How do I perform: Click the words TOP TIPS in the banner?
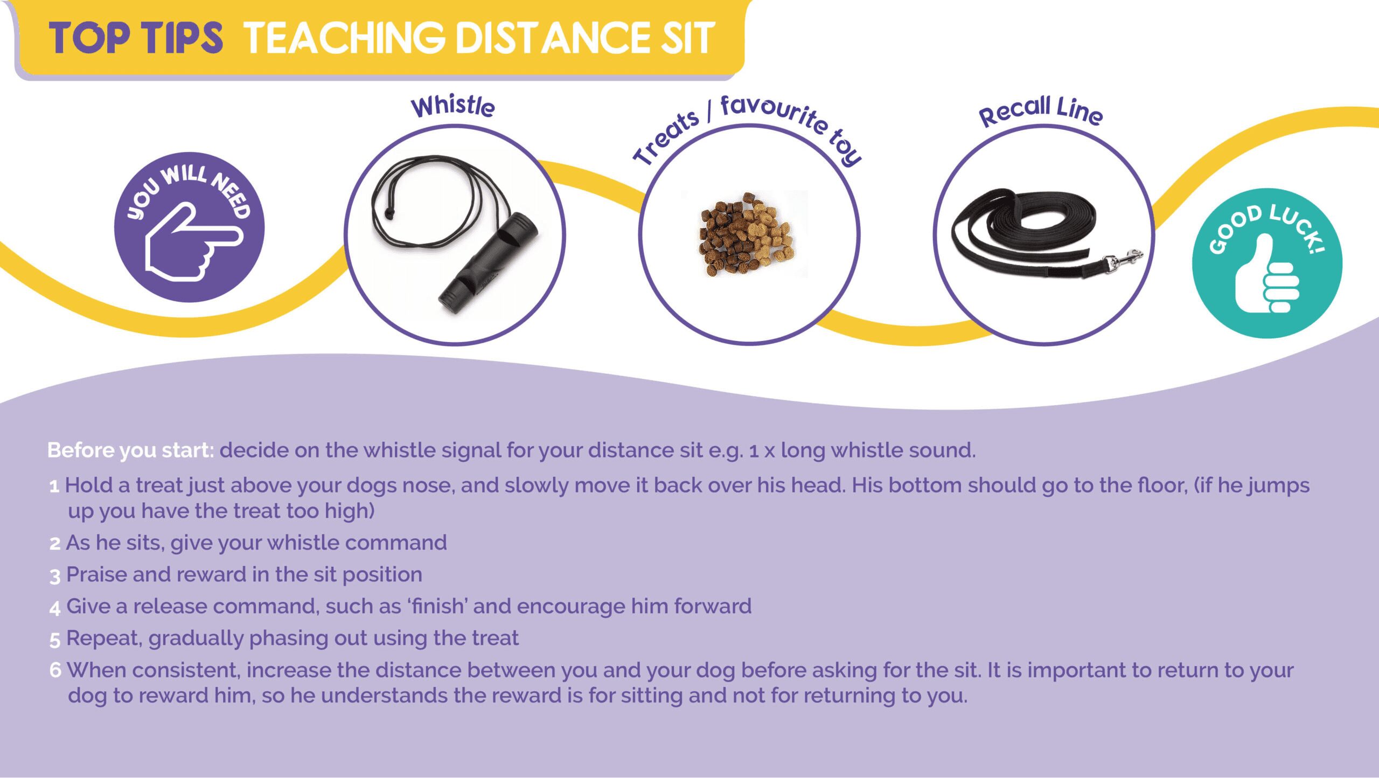coord(136,38)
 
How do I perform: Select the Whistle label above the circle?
coord(452,106)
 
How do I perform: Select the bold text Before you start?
coord(131,450)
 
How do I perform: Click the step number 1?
coord(54,487)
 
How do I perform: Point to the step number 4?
coord(55,608)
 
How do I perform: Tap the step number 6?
coord(55,670)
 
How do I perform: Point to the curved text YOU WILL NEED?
coord(189,191)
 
